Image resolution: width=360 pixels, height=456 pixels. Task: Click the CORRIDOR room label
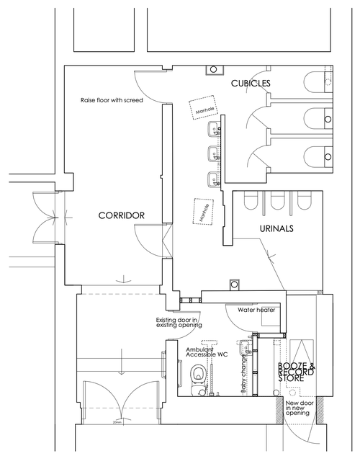tap(122, 215)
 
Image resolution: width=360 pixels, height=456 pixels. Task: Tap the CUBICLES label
tap(250, 84)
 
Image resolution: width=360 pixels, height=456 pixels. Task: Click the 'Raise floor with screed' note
tap(112, 100)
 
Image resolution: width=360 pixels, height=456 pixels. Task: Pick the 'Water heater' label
tap(252, 310)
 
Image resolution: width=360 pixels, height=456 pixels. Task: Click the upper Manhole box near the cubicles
tap(204, 109)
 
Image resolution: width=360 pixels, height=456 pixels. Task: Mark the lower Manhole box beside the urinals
tap(204, 212)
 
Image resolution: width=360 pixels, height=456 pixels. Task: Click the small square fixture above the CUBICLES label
tap(214, 70)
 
